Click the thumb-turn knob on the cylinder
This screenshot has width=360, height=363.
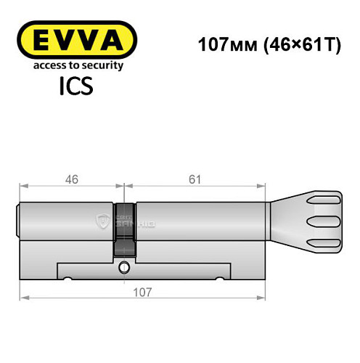(320, 217)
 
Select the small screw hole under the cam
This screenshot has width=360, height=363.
(124, 266)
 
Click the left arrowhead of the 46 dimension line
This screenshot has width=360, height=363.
(23, 186)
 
